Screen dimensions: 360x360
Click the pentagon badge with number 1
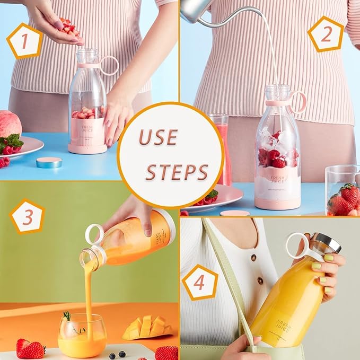(x=24, y=41)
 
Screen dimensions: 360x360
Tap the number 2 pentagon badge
(x=325, y=34)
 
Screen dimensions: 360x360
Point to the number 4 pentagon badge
(x=199, y=282)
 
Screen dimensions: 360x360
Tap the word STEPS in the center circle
(x=177, y=171)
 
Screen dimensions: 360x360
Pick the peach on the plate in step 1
(x=10, y=125)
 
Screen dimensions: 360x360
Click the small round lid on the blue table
(x=49, y=162)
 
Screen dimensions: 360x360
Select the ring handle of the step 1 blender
(x=109, y=65)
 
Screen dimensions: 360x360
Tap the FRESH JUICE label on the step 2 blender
(x=278, y=179)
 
